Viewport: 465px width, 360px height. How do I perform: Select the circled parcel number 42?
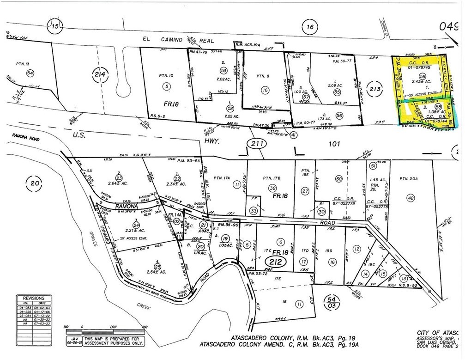tap(410, 198)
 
